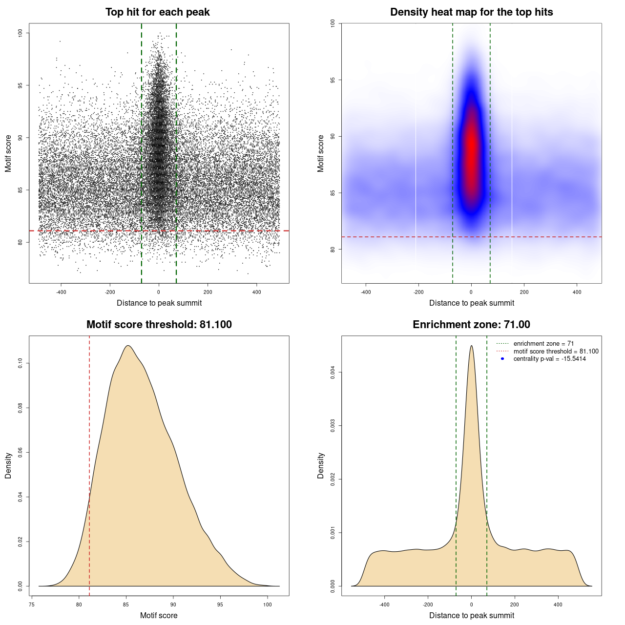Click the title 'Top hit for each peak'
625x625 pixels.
[157, 12]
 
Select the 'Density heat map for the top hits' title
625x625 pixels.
[471, 12]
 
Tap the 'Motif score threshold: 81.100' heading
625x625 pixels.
[159, 325]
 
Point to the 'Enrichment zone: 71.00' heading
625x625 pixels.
[471, 325]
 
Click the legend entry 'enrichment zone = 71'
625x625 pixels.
[543, 344]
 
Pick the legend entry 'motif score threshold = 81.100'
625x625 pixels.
[556, 351]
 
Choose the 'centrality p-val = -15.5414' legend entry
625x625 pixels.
[549, 359]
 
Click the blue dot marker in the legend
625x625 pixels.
[502, 359]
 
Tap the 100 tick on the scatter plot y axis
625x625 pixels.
[21, 33]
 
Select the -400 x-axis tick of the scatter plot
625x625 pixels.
[61, 292]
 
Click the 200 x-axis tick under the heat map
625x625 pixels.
[524, 292]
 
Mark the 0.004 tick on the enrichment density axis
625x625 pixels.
[333, 373]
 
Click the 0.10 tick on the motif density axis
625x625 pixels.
[21, 363]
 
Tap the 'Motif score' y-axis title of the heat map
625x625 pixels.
[321, 153]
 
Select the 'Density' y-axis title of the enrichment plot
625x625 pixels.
[321, 465]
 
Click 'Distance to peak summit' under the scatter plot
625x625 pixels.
[159, 303]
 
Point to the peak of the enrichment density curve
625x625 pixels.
[471, 346]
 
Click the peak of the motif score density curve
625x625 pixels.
[127, 346]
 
